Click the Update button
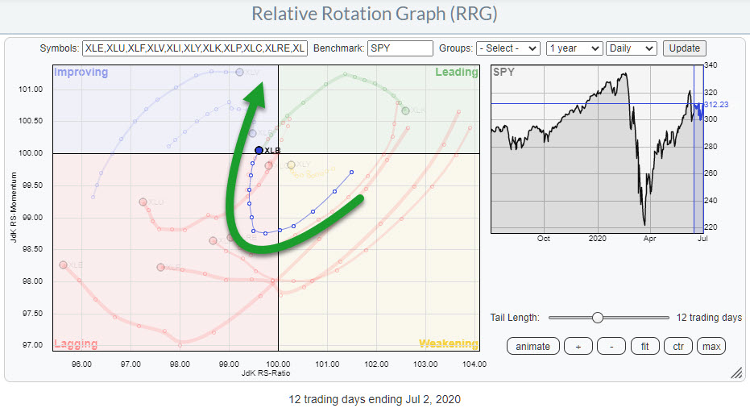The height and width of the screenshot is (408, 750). [x=685, y=48]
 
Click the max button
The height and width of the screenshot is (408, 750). [x=711, y=346]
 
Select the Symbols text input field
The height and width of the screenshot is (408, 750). [x=194, y=48]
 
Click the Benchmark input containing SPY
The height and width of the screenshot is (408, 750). [x=400, y=48]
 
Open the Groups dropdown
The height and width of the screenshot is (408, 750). [x=508, y=48]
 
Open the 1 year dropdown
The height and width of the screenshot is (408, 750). [x=574, y=48]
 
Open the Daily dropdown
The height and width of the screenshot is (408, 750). [x=632, y=48]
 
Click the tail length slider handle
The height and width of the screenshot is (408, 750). [x=597, y=318]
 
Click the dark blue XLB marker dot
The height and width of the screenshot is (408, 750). [x=259, y=150]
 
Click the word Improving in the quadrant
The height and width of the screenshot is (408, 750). [x=81, y=73]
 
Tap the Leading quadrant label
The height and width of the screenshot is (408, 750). [x=457, y=73]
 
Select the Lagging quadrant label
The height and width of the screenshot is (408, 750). [x=76, y=344]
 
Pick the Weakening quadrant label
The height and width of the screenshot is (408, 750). [x=448, y=344]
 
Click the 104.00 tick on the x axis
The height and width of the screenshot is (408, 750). [x=474, y=364]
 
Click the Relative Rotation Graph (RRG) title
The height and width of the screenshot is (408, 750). [x=375, y=15]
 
